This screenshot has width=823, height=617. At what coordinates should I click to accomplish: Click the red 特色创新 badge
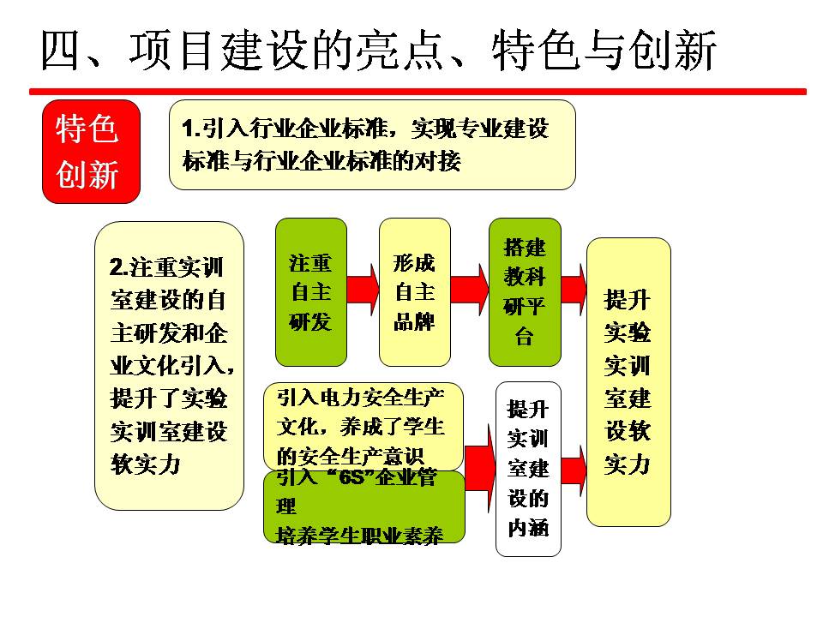(92, 152)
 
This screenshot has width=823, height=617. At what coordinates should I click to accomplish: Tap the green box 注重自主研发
(311, 292)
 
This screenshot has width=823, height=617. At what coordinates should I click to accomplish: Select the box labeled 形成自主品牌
(415, 292)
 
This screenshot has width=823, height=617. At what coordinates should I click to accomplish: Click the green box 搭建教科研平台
(525, 292)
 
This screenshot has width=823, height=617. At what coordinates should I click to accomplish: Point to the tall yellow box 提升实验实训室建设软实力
(628, 382)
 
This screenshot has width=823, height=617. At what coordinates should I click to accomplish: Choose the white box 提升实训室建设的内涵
(529, 469)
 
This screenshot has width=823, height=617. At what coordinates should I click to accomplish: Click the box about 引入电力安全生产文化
(363, 426)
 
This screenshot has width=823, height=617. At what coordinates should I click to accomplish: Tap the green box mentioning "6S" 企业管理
(364, 506)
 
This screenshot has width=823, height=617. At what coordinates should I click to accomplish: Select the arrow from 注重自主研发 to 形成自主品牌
(363, 290)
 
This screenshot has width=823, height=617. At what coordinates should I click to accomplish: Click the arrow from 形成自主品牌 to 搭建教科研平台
(469, 290)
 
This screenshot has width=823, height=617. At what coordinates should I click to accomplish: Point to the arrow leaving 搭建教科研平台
(574, 290)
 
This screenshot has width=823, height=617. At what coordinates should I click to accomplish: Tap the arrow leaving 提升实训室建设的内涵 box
(574, 470)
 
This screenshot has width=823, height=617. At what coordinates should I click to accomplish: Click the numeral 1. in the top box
(191, 129)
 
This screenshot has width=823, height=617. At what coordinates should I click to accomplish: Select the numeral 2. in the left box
(119, 267)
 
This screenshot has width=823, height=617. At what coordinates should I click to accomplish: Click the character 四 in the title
(60, 51)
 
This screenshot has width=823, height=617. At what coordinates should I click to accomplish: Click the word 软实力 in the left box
(146, 464)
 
